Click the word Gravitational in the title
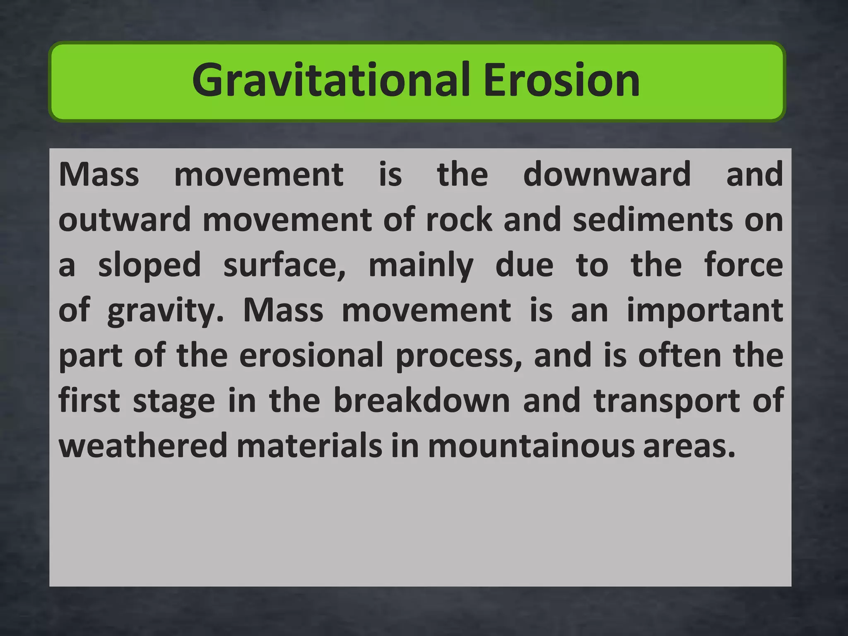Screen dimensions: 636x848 point(331,81)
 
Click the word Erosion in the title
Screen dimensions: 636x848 point(561,81)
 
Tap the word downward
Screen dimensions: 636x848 point(607,175)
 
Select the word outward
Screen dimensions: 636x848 point(125,220)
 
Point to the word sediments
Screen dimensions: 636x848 point(653,220)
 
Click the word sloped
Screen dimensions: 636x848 point(149,266)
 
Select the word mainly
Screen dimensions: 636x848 point(421,266)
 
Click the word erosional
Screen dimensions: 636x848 point(311,356)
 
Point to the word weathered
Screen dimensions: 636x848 point(143,446)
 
